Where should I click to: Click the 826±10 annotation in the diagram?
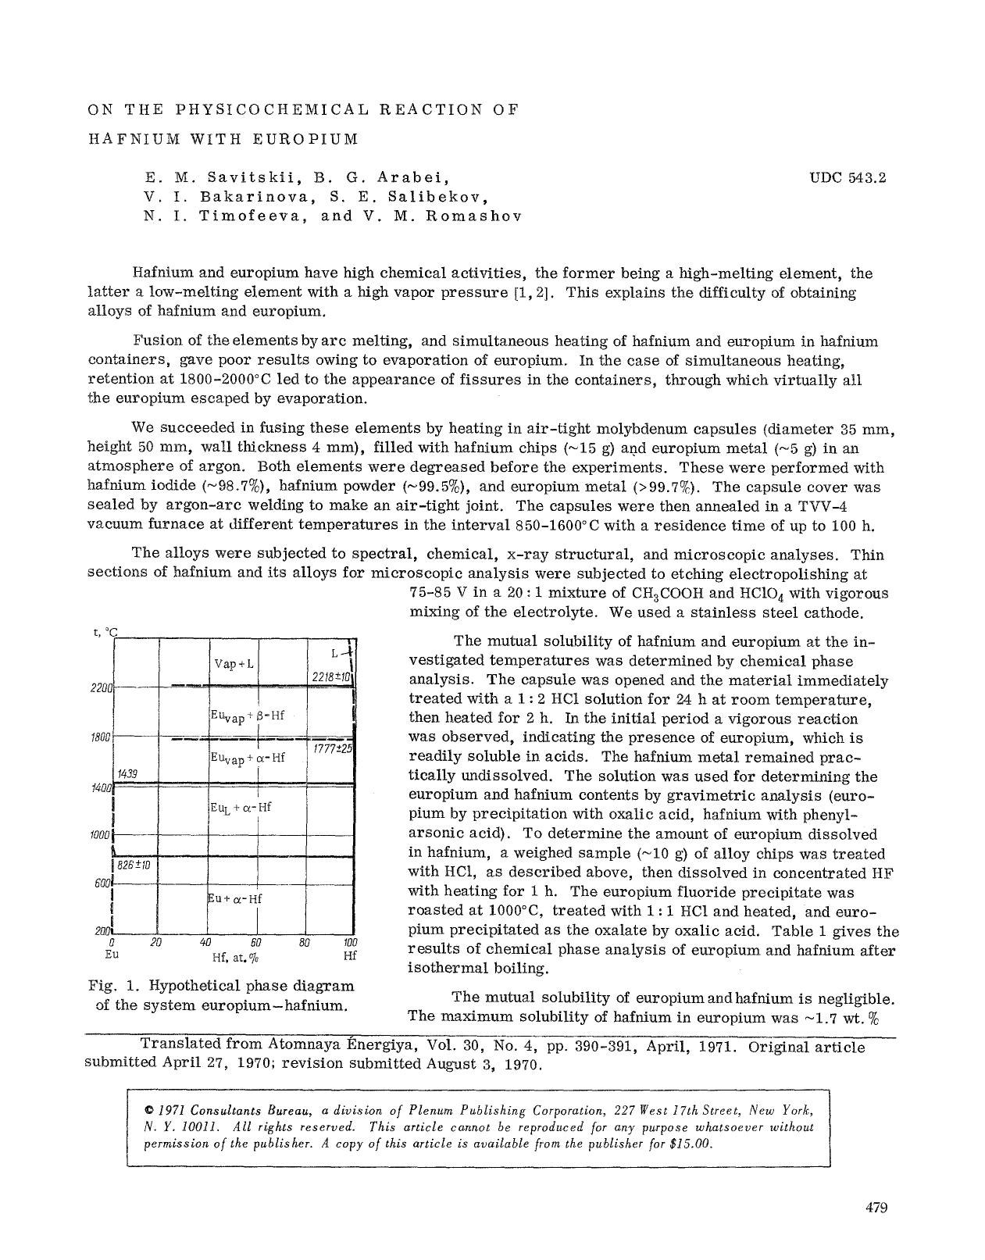134,865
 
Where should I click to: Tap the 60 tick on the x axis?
255,943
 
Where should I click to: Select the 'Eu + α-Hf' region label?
235,898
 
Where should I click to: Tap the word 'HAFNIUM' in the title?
123,140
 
